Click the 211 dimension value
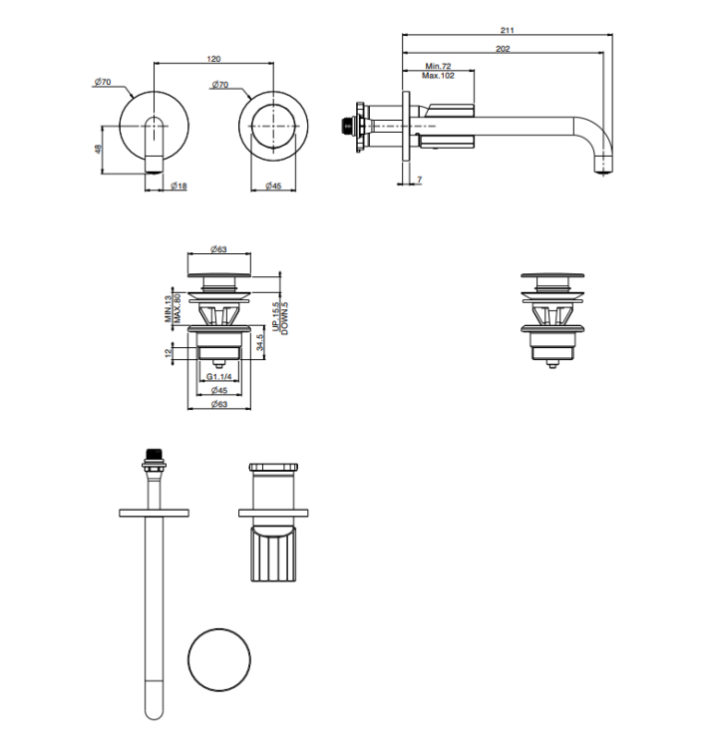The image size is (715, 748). click(x=507, y=30)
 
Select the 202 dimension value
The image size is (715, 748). click(x=503, y=48)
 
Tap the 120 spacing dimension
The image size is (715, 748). click(x=213, y=59)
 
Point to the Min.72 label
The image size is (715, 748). click(x=438, y=66)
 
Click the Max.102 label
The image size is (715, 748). click(x=438, y=76)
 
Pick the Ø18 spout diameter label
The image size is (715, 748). click(x=179, y=186)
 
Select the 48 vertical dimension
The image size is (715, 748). click(x=99, y=149)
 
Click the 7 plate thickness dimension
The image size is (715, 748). click(x=419, y=180)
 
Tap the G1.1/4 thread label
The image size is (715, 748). click(x=219, y=377)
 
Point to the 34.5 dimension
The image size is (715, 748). click(x=260, y=342)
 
